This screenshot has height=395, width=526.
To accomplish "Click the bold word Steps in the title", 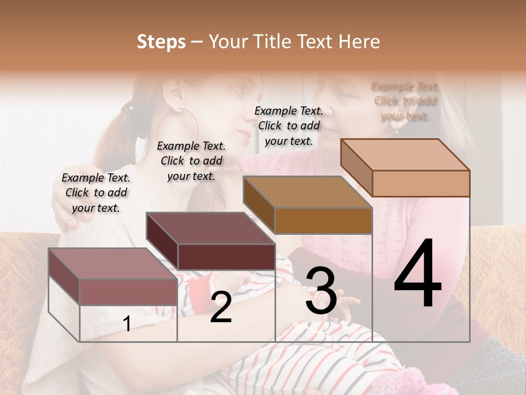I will [x=161, y=42].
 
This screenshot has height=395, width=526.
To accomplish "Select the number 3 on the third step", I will [x=321, y=291].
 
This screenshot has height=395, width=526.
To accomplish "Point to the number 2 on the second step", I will [x=221, y=308].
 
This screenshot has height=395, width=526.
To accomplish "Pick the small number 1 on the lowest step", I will [x=127, y=324].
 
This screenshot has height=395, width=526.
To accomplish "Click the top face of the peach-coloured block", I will [x=404, y=155].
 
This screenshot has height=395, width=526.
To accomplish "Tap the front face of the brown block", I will [x=323, y=221].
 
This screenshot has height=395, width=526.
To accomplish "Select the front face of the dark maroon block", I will [x=226, y=257].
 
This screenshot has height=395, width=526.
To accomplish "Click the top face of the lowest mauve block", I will [x=112, y=263].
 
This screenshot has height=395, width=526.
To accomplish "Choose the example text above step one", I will [x=96, y=193].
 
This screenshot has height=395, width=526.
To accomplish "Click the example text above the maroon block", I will [x=191, y=161].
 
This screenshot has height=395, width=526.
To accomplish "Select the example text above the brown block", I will [x=289, y=126].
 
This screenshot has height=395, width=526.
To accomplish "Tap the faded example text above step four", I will [x=405, y=101].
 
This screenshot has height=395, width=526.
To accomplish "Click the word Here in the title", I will [x=360, y=42].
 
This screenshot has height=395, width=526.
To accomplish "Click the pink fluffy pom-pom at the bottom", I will [x=416, y=381].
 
